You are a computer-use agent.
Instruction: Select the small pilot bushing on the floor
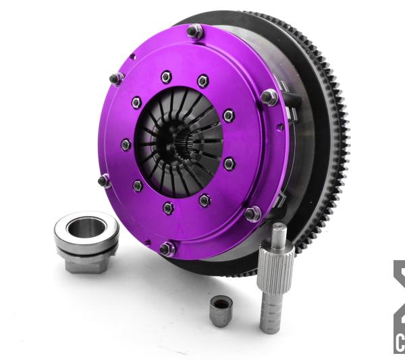click(221, 310)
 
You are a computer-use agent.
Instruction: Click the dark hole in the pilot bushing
click(221, 303)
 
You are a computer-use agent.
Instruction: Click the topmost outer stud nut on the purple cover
click(196, 31)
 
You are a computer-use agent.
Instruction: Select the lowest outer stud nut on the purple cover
click(165, 249)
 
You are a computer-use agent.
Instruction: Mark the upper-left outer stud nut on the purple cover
click(116, 78)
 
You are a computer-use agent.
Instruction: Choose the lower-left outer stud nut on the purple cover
click(104, 180)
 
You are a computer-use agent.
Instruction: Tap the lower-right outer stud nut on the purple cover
click(252, 213)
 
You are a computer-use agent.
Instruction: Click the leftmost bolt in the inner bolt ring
click(126, 144)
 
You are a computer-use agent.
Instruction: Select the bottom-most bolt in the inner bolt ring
click(168, 207)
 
